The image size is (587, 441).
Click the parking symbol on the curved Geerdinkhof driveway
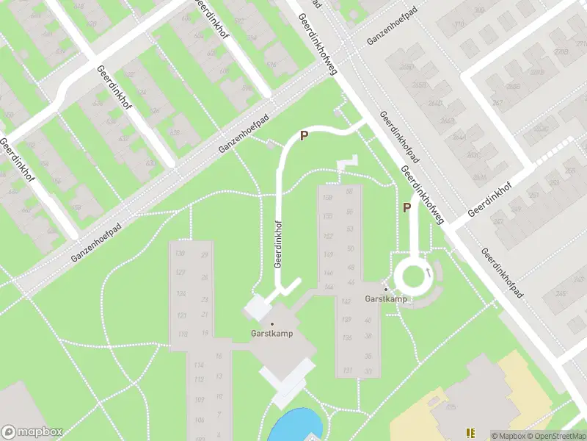[302, 136]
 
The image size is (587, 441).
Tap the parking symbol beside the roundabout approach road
[406, 208]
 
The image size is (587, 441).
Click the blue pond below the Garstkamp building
[294, 426]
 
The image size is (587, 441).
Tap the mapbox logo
[32, 432]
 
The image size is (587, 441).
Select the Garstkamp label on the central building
[271, 334]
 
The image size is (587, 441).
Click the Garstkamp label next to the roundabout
[386, 300]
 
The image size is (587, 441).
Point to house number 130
[180, 254]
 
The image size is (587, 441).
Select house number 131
[327, 370]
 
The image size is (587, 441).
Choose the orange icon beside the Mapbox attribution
[470, 434]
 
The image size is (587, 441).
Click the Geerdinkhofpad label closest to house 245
[503, 273]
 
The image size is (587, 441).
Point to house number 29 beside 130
[204, 255]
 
